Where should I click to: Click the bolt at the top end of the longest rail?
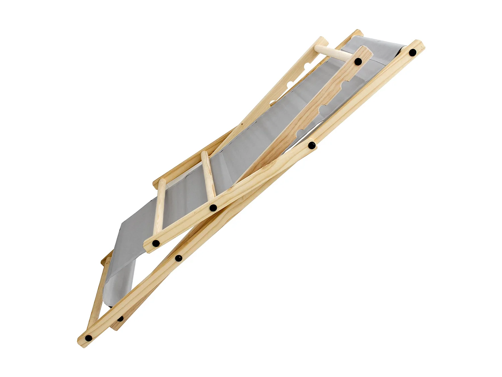tap(413, 52)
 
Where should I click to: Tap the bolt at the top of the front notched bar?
tap(358, 61)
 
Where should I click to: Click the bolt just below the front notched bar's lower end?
tap(312, 145)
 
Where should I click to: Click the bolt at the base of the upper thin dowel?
tap(213, 208)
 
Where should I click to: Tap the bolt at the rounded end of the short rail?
tap(156, 244)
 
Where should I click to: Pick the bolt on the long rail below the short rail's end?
tap(179, 258)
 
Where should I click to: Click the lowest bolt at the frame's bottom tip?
tap(88, 338)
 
